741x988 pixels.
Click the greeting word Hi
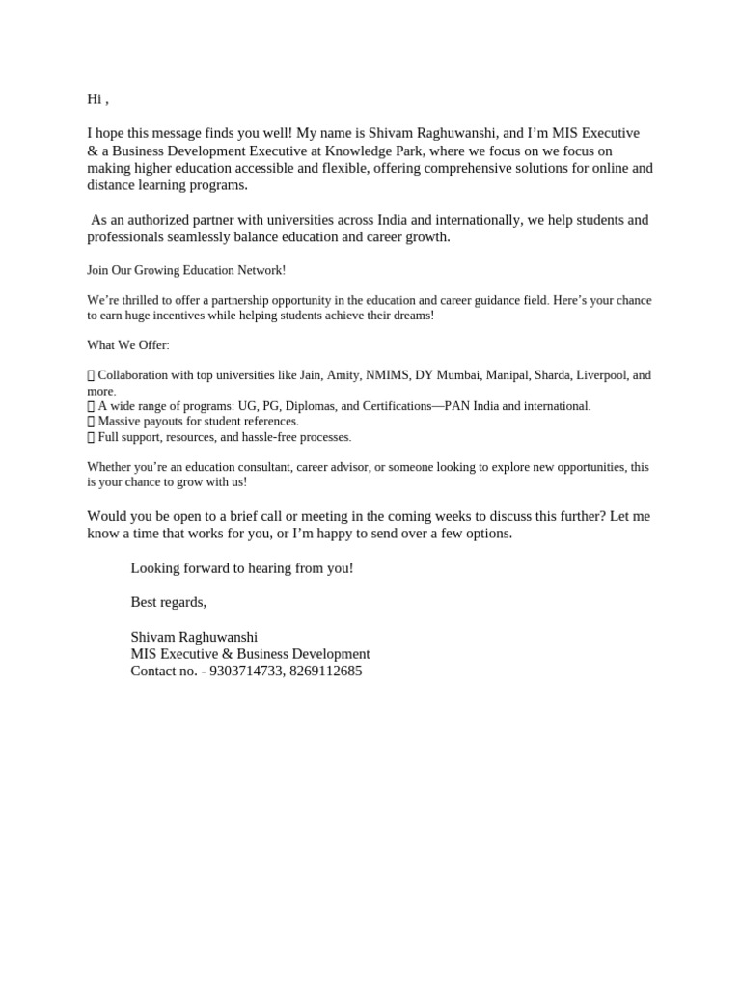click(95, 99)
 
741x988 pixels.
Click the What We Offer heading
click(127, 345)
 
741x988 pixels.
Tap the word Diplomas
click(309, 406)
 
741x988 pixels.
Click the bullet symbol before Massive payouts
click(91, 422)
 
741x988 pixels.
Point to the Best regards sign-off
click(169, 602)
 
